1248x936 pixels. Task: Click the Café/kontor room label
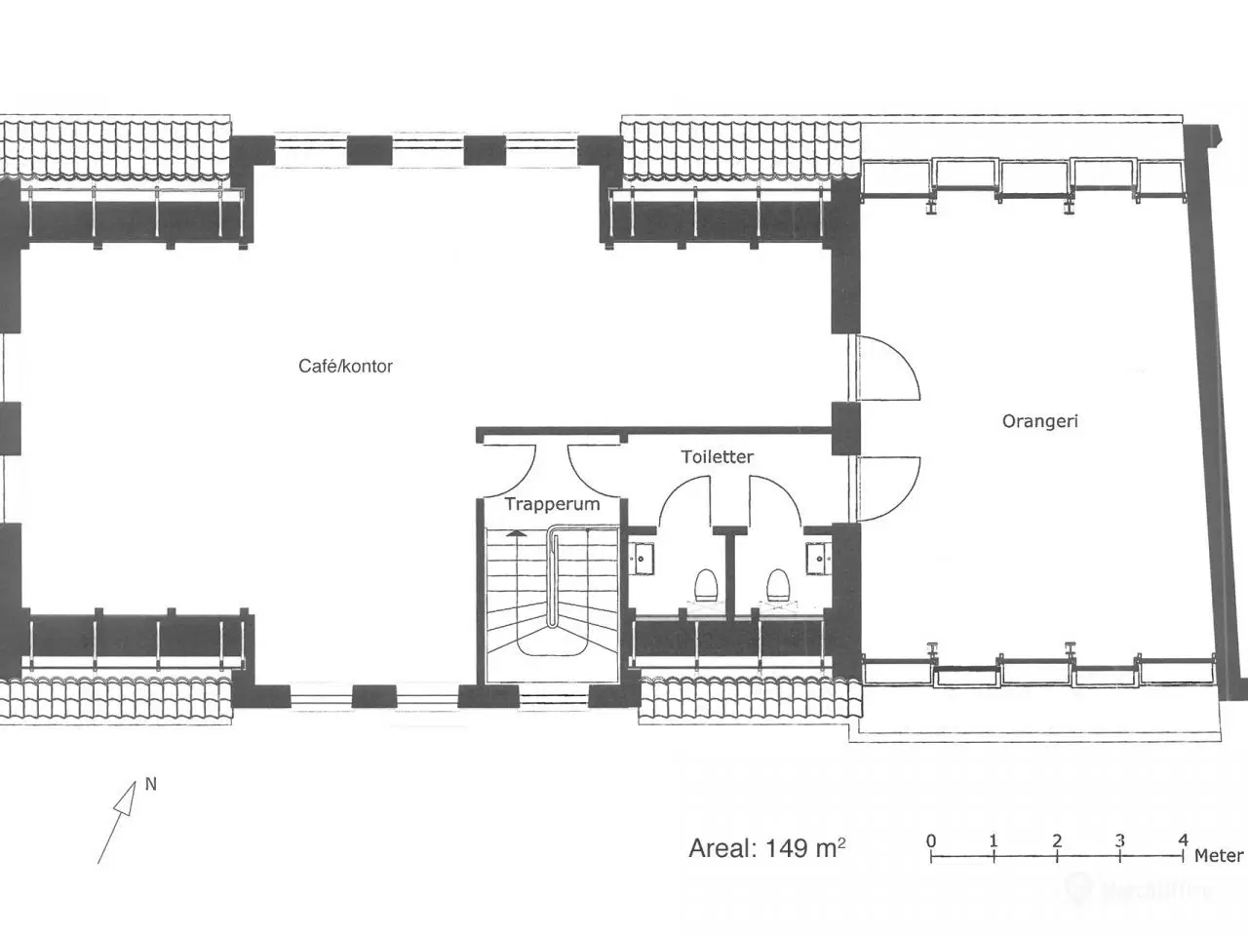click(346, 366)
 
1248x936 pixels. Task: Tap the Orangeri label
click(1040, 421)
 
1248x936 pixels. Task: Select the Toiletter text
click(718, 457)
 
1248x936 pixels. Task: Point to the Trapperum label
click(552, 504)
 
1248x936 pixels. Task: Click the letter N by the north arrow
click(151, 784)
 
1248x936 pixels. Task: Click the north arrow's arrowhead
click(126, 799)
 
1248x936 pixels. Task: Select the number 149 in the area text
click(787, 848)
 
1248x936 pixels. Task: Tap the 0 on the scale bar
click(931, 840)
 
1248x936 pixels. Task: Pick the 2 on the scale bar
click(1057, 840)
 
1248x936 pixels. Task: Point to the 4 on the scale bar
click(1184, 840)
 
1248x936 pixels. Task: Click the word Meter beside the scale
click(1219, 856)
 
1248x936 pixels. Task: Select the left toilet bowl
click(706, 585)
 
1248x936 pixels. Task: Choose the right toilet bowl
click(777, 585)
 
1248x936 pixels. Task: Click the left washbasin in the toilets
click(642, 559)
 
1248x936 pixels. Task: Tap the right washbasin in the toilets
click(818, 559)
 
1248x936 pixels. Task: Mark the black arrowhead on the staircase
click(516, 533)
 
